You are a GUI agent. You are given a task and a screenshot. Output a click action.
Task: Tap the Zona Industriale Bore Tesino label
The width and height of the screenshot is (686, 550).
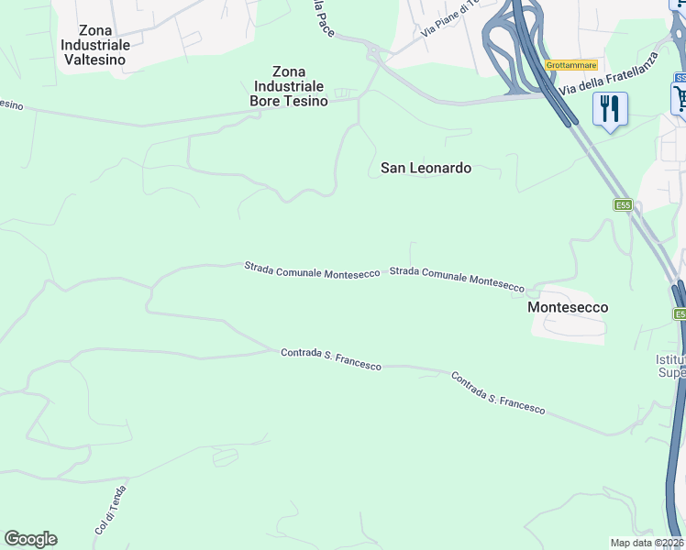point(288,86)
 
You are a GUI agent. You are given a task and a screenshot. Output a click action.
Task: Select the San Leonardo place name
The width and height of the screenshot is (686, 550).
point(426,168)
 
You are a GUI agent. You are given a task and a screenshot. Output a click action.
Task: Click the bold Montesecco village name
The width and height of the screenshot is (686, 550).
point(568,307)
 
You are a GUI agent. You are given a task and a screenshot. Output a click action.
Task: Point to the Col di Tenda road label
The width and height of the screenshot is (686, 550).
point(109,510)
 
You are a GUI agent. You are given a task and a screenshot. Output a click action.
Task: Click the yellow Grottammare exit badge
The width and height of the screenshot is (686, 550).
point(570,65)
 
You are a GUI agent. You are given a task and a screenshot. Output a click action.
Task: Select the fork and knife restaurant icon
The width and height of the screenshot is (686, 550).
point(609,109)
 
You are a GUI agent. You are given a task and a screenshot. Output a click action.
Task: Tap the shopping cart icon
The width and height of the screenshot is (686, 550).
point(680,98)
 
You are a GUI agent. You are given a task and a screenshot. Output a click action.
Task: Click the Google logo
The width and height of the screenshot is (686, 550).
point(30,539)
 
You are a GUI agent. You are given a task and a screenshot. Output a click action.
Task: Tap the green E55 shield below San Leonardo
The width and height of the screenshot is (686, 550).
point(624,205)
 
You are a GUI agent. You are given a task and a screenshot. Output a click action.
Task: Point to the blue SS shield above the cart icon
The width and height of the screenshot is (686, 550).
point(680,78)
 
